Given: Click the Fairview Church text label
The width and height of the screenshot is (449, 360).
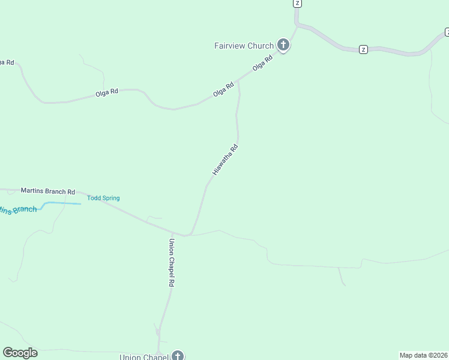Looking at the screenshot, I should (244, 46).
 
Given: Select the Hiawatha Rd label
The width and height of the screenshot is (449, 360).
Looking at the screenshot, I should (226, 160).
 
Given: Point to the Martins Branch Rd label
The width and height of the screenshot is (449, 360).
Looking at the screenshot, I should (48, 191).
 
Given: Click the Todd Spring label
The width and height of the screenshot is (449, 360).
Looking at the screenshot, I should (103, 198).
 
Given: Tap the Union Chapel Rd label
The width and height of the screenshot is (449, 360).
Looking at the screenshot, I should (171, 263).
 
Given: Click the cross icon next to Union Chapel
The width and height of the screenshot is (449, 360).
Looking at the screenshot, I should (178, 356).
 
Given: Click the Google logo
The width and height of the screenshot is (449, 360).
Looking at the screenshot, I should (20, 353).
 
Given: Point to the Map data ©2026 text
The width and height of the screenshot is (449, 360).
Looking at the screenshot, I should (423, 355).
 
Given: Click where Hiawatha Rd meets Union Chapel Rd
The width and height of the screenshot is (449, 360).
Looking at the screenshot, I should (187, 235).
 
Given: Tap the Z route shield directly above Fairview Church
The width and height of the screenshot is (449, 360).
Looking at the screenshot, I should (297, 3).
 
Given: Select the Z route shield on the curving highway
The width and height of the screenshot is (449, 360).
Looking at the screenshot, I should (363, 49).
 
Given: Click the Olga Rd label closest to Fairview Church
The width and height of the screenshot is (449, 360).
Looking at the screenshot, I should (263, 63).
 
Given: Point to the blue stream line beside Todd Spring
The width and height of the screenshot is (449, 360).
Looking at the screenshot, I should (63, 203).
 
